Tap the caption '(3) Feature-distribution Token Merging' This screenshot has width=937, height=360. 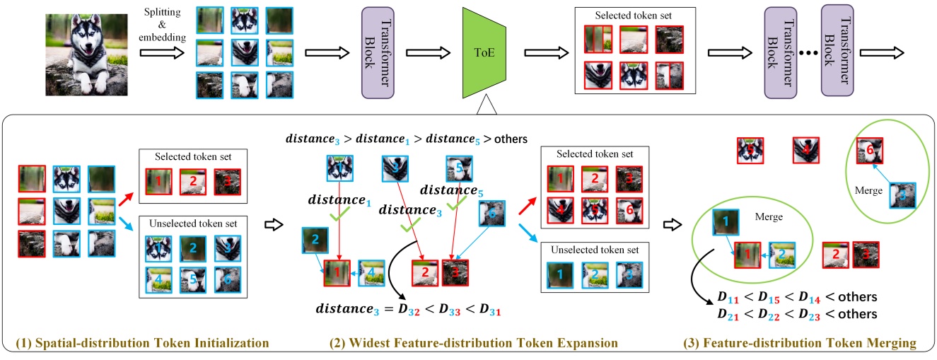click(x=799, y=344)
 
